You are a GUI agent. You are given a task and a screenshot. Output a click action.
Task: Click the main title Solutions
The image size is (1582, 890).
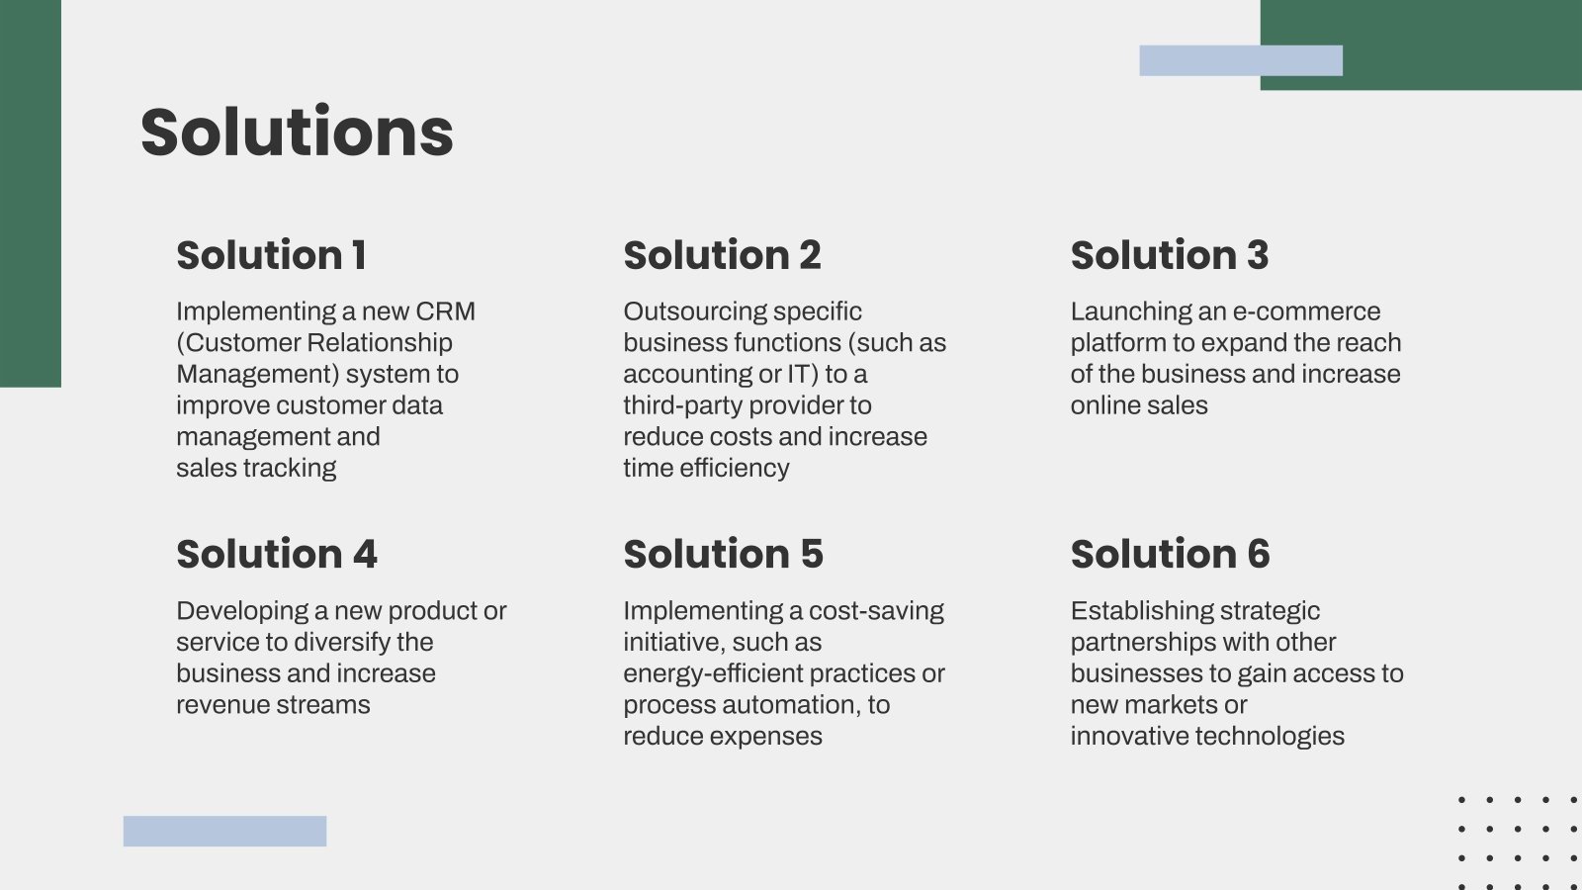[x=297, y=132]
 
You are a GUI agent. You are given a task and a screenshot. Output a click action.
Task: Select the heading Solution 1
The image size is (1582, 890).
[x=271, y=255]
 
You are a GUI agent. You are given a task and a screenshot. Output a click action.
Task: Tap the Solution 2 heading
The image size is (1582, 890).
[x=722, y=255]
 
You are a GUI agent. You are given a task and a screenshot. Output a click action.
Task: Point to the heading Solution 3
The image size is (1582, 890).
[x=1170, y=255]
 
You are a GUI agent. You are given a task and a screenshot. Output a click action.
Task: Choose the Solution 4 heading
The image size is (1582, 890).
[x=277, y=554]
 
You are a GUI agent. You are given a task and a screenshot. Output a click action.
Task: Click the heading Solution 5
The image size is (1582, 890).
[x=723, y=554]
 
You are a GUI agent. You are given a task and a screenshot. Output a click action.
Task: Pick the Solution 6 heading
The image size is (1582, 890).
[x=1171, y=554]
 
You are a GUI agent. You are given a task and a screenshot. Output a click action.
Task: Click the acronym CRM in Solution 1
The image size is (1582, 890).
[x=445, y=311]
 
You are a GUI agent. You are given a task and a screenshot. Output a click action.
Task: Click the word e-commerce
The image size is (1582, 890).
[x=1306, y=311]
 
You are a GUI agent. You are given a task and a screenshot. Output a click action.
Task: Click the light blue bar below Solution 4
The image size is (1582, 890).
[x=224, y=832]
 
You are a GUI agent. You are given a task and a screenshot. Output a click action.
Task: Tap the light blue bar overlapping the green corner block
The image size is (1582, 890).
[x=1241, y=60]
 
